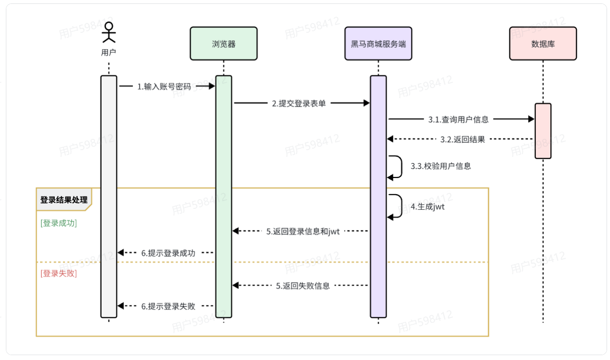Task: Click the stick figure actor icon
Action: tap(109, 32)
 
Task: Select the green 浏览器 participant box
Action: tap(223, 44)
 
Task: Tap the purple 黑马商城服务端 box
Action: tap(378, 44)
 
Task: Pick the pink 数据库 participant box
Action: tap(543, 44)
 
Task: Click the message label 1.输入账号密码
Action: tap(164, 87)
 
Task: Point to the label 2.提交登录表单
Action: tap(299, 104)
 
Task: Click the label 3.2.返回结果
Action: tap(462, 139)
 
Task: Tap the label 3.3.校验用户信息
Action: tap(441, 166)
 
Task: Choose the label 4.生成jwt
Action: tap(427, 206)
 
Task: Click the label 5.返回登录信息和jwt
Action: tap(303, 231)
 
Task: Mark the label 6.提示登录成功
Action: tap(168, 253)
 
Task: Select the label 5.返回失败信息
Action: tap(303, 286)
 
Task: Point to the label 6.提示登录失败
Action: tap(168, 306)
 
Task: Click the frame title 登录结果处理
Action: tap(64, 200)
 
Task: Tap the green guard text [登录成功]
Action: tap(59, 223)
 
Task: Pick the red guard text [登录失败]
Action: tap(59, 273)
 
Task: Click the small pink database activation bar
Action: tap(543, 131)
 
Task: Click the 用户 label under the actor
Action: tap(109, 52)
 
